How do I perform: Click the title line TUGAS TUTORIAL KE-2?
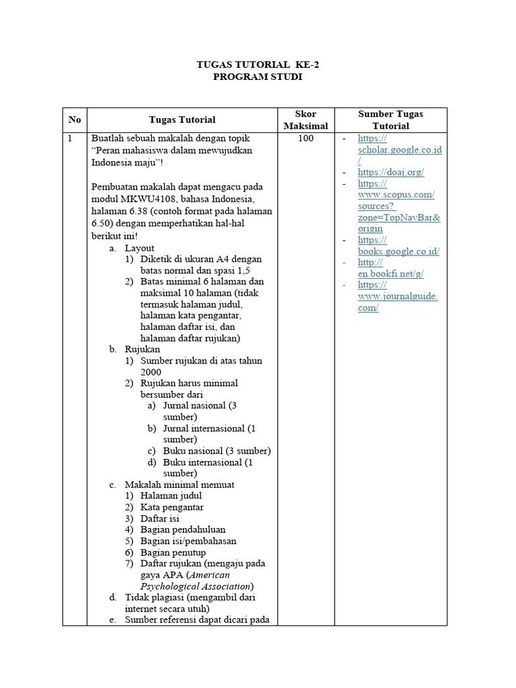coord(258,65)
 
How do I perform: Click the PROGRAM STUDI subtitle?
coord(258,77)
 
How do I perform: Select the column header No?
coord(75,120)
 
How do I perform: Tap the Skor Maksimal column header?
coord(306,120)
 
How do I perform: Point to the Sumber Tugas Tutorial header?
coord(390,120)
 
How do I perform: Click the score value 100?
coord(306,138)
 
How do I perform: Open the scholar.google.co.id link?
coord(399,150)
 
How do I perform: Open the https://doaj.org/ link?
coord(390,172)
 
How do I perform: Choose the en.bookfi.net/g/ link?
coord(390,273)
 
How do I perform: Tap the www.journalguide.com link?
coord(397,296)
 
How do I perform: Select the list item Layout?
coord(139,248)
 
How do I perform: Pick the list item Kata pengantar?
coord(172,507)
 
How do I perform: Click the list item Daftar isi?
coord(159,519)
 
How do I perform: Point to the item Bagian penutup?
coord(173,552)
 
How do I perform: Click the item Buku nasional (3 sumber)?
coord(216,451)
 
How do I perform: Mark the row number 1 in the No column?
coord(69,138)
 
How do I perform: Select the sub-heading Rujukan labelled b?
coord(142,349)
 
